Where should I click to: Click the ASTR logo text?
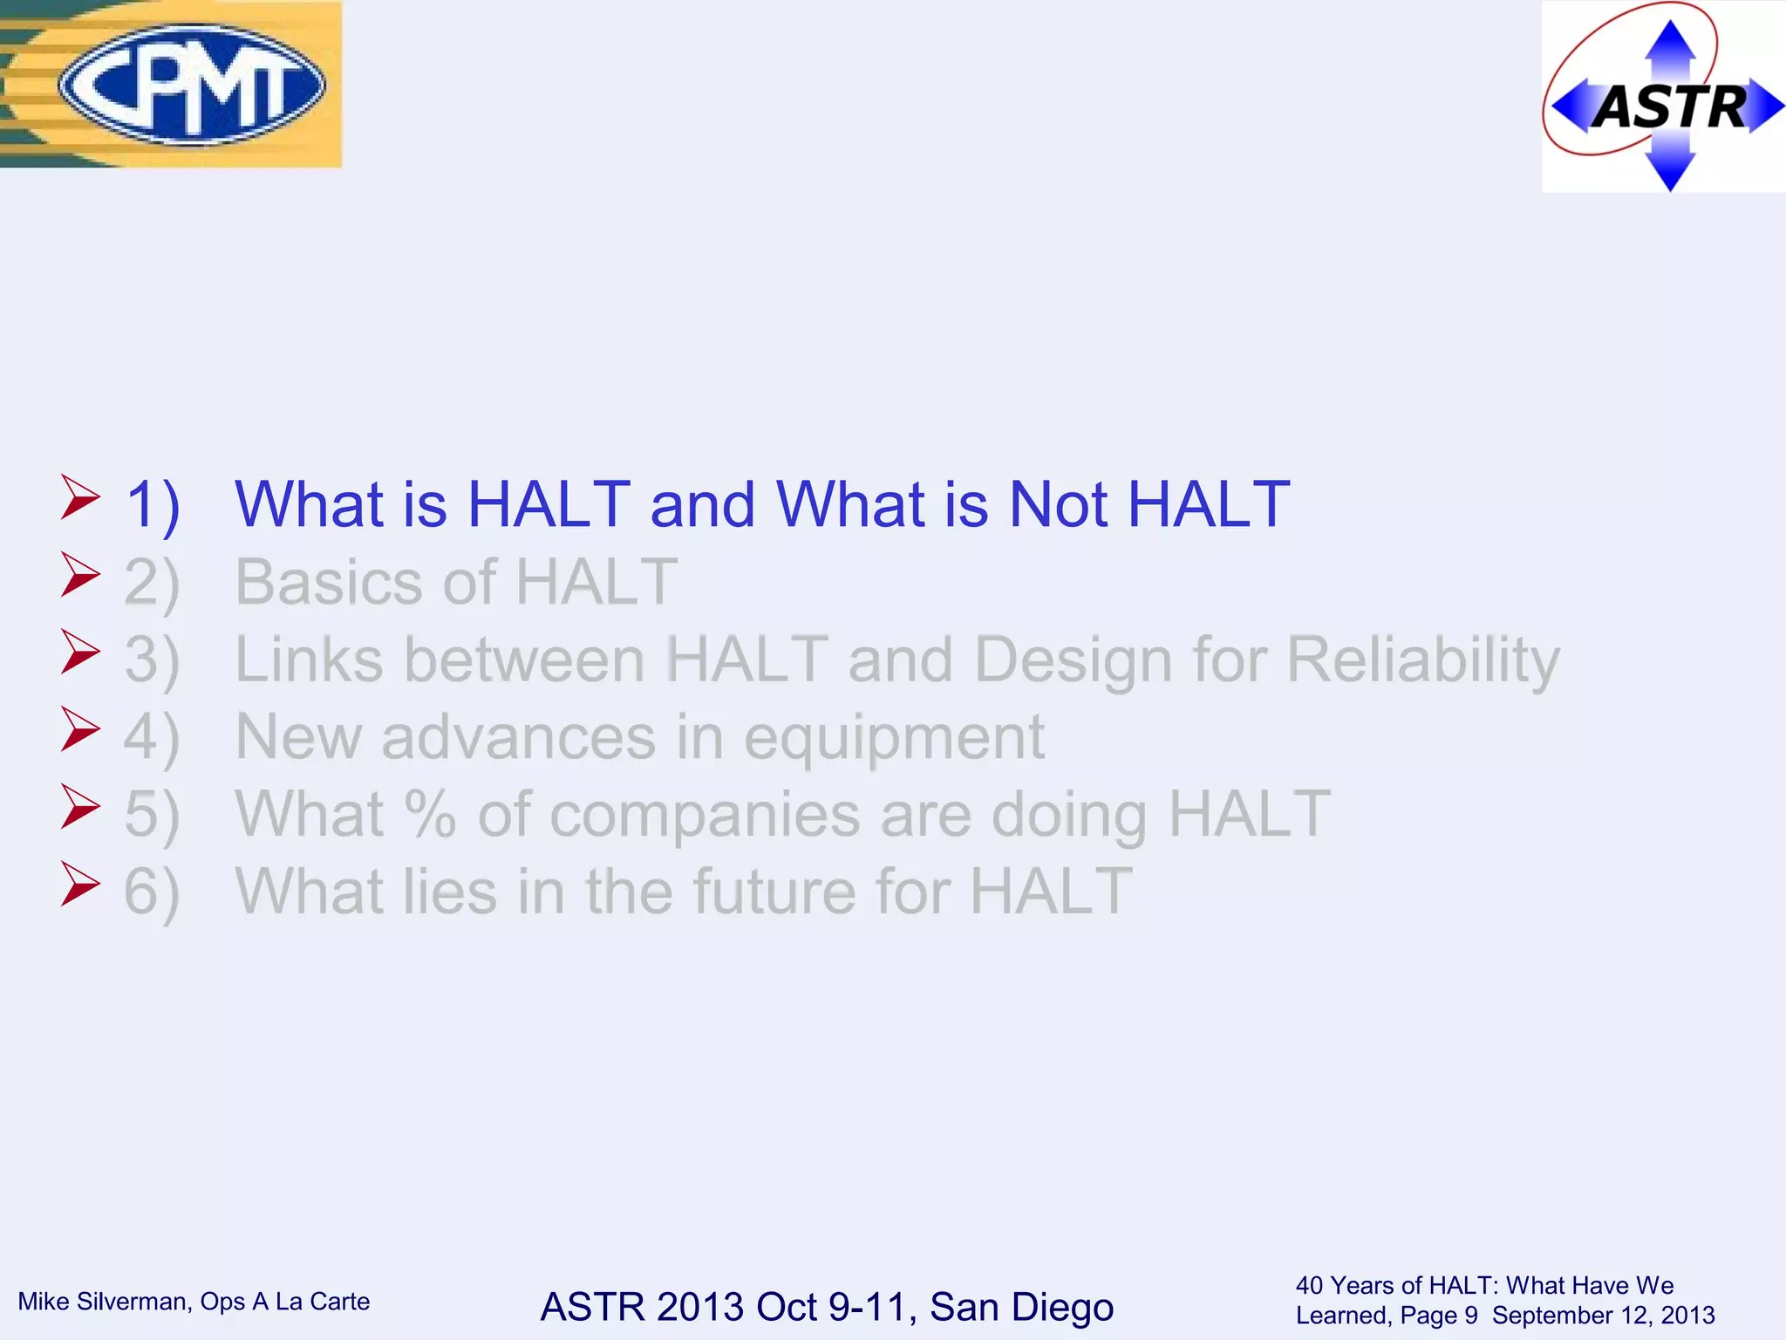pos(1669,107)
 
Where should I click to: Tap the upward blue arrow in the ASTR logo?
pos(1669,44)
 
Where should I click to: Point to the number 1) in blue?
pos(153,506)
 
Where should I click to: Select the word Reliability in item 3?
pos(1423,660)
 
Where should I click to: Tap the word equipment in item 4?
pos(893,738)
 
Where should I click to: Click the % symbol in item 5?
pos(430,814)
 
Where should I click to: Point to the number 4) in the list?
pos(152,738)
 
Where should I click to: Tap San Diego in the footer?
pos(1021,1307)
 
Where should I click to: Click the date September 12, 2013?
pos(1603,1316)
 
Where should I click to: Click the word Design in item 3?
pos(1073,660)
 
